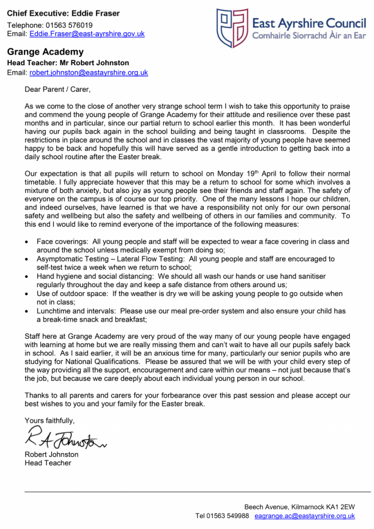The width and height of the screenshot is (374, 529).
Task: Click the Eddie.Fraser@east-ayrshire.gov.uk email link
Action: pos(87,34)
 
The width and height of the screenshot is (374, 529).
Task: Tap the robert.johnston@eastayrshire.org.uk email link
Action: pos(88,73)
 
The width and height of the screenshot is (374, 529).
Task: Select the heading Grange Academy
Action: pos(45,52)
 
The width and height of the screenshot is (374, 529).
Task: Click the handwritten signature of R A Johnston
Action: pos(66,439)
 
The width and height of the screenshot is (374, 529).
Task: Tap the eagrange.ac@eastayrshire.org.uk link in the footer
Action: pos(305,516)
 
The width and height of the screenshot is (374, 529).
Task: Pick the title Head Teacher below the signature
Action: pos(48,463)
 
